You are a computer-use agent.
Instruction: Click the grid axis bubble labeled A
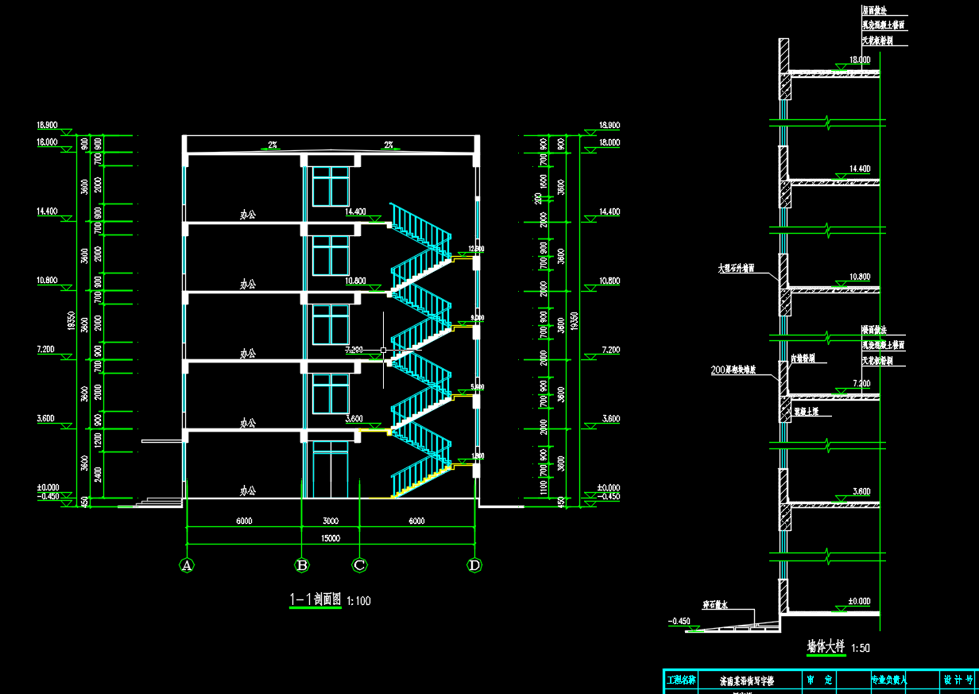(187, 565)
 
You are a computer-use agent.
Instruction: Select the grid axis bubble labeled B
(302, 565)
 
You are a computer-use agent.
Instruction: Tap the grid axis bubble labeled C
(359, 565)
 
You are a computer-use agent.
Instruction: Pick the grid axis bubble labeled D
(474, 565)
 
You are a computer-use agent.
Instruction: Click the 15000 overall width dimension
(331, 538)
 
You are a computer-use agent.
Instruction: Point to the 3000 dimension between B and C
(331, 521)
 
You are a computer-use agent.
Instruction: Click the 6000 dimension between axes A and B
(244, 521)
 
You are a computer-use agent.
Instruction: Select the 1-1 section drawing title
(315, 600)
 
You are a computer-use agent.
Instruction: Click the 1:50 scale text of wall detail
(860, 649)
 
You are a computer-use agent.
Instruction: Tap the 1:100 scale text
(359, 601)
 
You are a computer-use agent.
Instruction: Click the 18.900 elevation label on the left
(48, 126)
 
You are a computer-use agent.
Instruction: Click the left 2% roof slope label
(273, 145)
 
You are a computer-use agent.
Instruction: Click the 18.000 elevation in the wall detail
(860, 60)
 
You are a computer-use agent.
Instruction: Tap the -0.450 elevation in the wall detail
(680, 621)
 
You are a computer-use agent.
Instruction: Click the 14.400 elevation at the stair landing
(355, 212)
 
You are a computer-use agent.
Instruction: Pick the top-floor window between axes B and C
(331, 186)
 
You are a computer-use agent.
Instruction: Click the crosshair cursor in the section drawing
(384, 350)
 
